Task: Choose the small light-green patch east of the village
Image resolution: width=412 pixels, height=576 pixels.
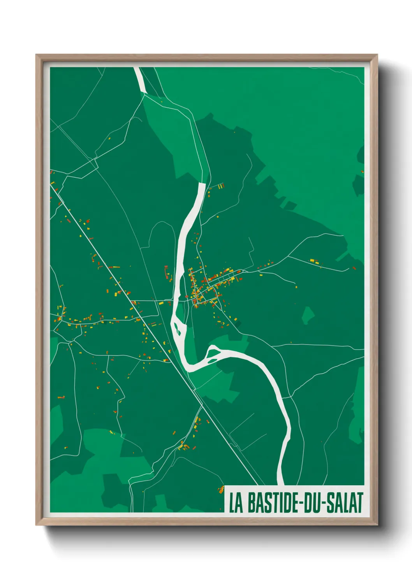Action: point(308,314)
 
